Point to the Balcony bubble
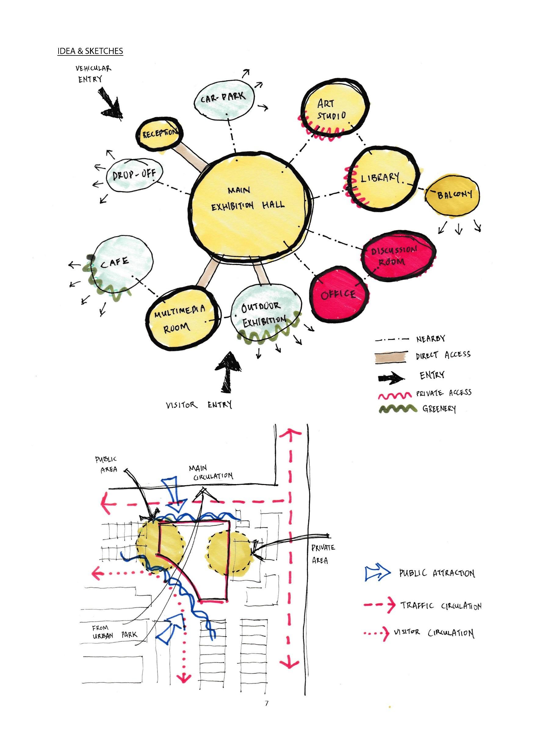(452, 195)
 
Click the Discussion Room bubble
(399, 256)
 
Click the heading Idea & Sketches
(90, 51)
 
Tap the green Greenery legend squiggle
(398, 409)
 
